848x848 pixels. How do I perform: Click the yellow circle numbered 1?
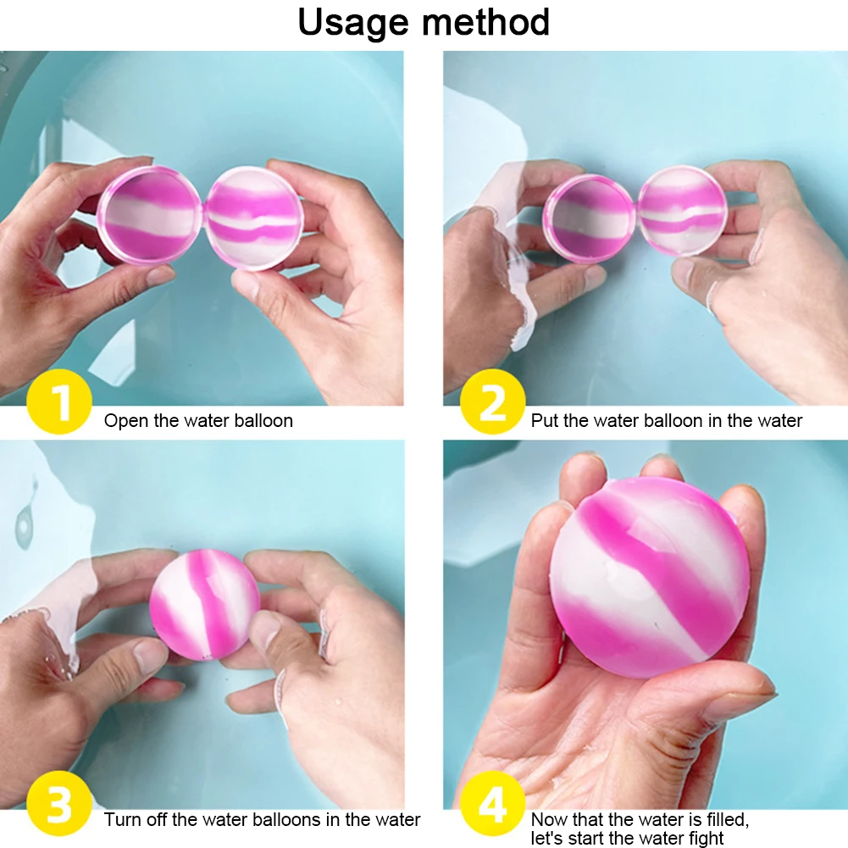pos(59,402)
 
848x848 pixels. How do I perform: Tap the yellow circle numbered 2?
pos(493,402)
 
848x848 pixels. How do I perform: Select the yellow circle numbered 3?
pos(59,804)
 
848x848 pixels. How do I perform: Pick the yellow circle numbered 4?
pos(493,804)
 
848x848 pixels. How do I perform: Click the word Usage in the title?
pos(353,23)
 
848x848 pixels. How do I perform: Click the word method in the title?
pos(485,22)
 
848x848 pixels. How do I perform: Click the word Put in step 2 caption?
pos(545,421)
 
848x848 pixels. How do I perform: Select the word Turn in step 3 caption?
pos(122,820)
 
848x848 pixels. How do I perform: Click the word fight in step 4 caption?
pos(706,839)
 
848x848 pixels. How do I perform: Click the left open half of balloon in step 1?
pos(150,215)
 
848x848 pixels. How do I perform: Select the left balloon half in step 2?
pos(590,218)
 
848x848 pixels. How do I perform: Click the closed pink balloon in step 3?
pos(204,605)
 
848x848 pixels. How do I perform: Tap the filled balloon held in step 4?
pos(650,578)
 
